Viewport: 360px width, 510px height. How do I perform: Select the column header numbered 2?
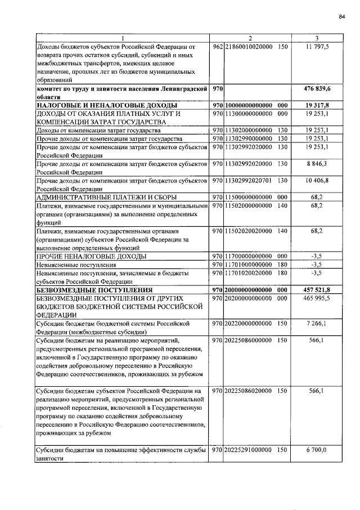tap(251, 38)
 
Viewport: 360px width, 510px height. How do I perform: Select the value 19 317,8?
tap(318, 105)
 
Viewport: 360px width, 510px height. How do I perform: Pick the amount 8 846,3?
tap(318, 164)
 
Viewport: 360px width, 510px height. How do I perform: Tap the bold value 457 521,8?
tap(318, 289)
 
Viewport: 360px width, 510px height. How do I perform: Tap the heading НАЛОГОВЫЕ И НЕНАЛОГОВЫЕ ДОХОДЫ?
tap(107, 105)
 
